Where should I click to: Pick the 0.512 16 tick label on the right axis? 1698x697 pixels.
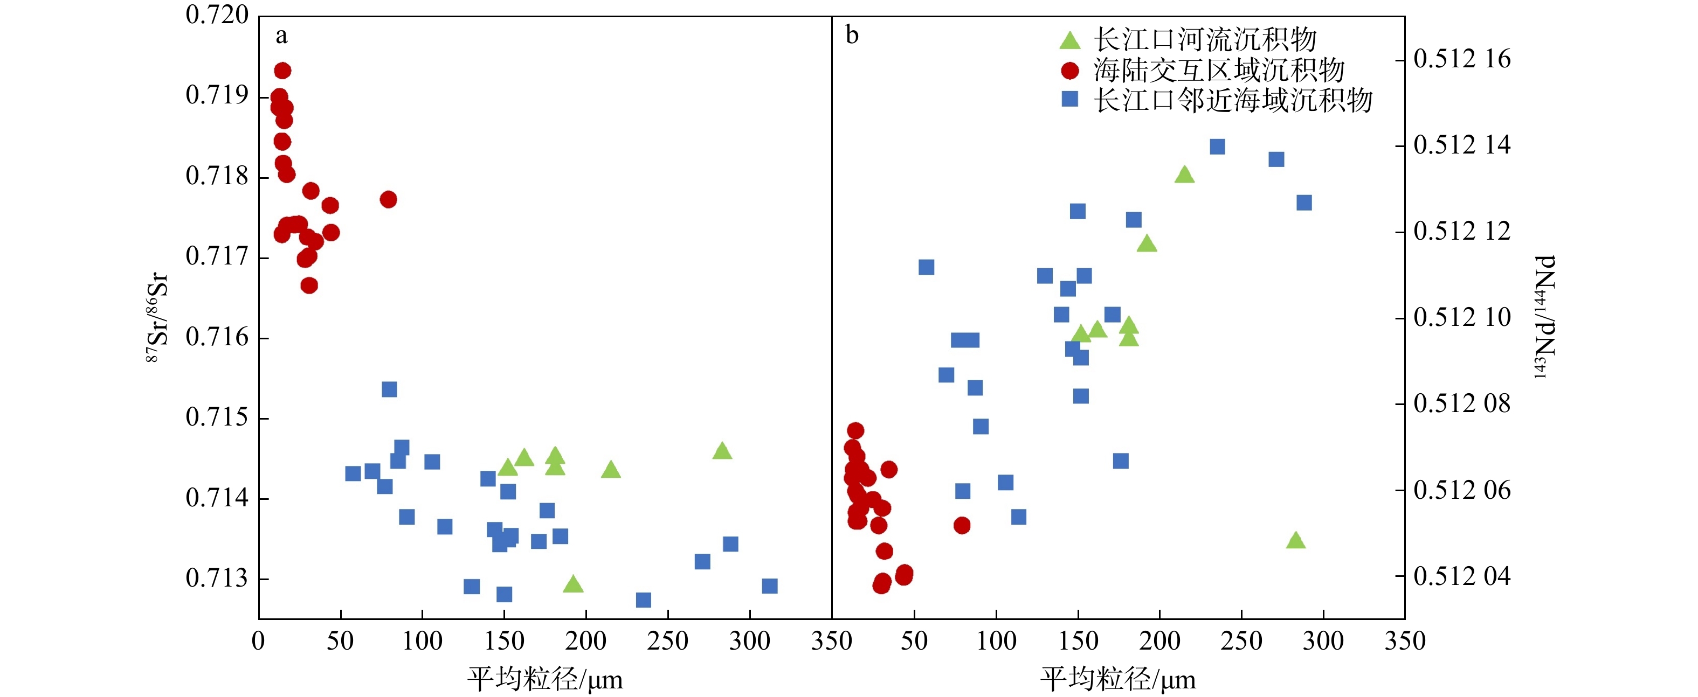[1462, 59]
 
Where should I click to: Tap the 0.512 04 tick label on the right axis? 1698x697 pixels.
[1462, 576]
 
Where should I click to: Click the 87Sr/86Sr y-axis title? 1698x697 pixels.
[157, 317]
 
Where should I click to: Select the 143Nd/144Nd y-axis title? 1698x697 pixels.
[1545, 317]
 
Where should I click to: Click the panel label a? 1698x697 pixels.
[281, 36]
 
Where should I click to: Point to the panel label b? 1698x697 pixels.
[852, 36]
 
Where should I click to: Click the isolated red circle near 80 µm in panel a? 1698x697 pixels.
[388, 199]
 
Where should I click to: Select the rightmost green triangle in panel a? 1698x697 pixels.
[722, 451]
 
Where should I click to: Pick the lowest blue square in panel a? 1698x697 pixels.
[643, 600]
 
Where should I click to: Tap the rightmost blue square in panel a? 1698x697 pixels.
[769, 586]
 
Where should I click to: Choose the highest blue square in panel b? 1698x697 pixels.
[1218, 147]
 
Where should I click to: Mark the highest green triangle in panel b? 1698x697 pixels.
[1184, 175]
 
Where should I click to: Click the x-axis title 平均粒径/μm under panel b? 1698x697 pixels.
[1118, 679]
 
